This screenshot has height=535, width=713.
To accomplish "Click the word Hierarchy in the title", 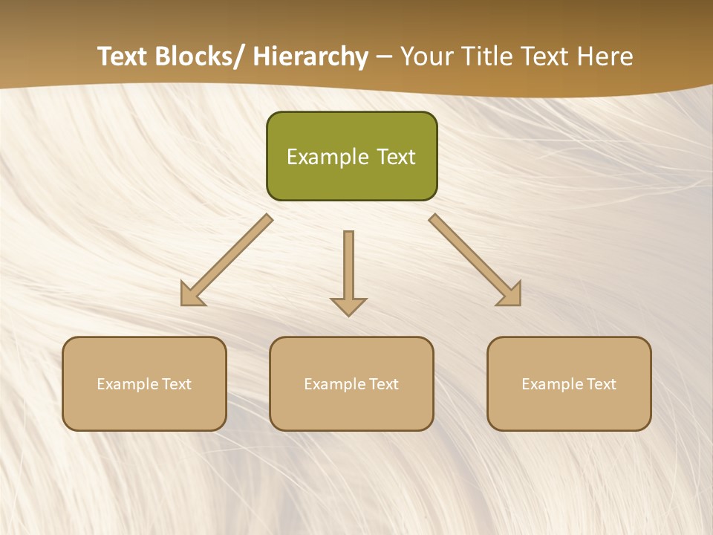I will tap(310, 57).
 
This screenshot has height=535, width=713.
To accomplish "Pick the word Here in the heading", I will tap(607, 57).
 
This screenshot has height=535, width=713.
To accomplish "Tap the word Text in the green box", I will tap(395, 157).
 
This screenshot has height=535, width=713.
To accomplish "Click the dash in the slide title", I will tap(384, 57).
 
